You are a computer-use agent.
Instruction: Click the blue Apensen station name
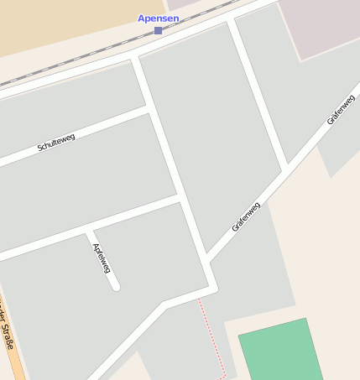(159, 18)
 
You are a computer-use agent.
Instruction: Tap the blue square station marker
(158, 30)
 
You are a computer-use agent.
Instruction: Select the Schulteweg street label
(56, 143)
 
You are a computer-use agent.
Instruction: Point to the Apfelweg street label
(102, 258)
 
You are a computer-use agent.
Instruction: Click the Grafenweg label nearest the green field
(246, 216)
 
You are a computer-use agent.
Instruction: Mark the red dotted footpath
(213, 336)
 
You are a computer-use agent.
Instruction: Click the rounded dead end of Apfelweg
(115, 286)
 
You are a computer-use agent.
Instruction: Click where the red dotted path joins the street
(200, 296)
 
